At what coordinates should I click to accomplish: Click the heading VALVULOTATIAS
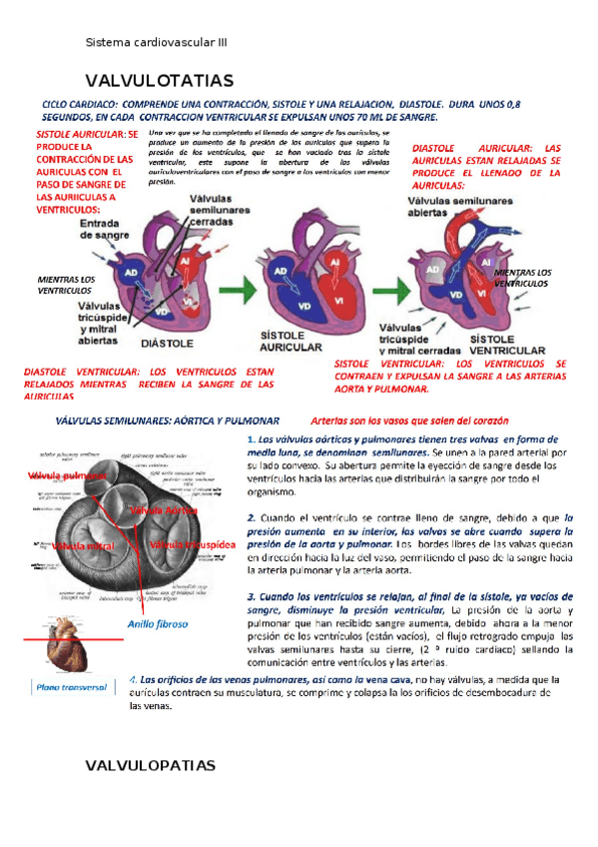tap(160, 80)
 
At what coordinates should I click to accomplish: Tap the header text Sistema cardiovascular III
tap(157, 42)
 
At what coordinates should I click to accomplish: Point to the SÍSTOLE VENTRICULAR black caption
tap(505, 345)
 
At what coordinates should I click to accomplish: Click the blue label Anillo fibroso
tap(157, 623)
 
